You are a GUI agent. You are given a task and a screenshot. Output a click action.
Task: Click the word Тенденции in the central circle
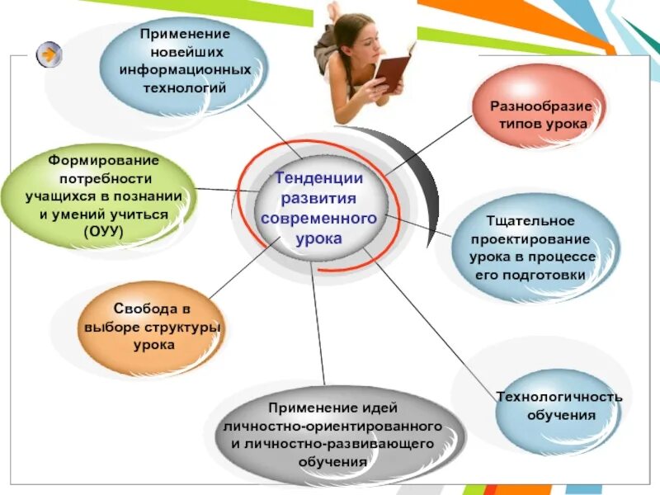[318, 178]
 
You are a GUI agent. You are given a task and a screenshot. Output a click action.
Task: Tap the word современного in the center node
[318, 218]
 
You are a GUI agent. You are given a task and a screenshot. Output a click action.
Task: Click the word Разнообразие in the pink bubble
[538, 106]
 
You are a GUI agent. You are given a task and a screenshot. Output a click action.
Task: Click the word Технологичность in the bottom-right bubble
[559, 396]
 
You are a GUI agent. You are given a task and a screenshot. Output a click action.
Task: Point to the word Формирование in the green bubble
[103, 158]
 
